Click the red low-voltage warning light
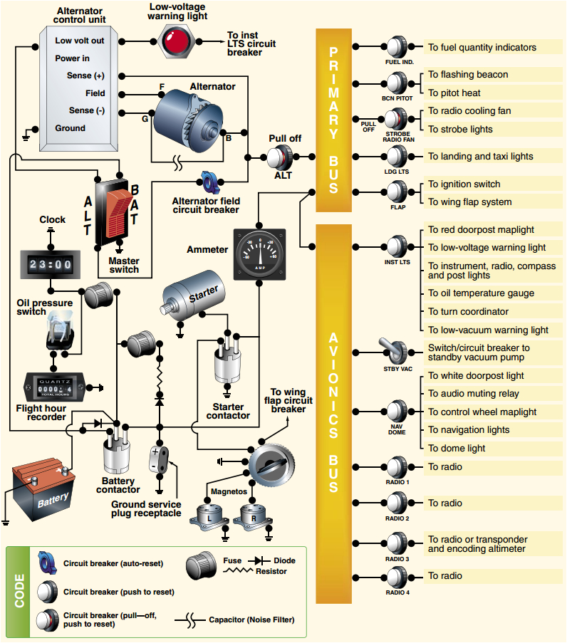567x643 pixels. [174, 41]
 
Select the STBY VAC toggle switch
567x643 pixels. [397, 351]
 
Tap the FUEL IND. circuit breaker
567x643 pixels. [397, 48]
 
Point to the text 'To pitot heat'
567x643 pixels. [454, 93]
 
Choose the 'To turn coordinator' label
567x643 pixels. [468, 311]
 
